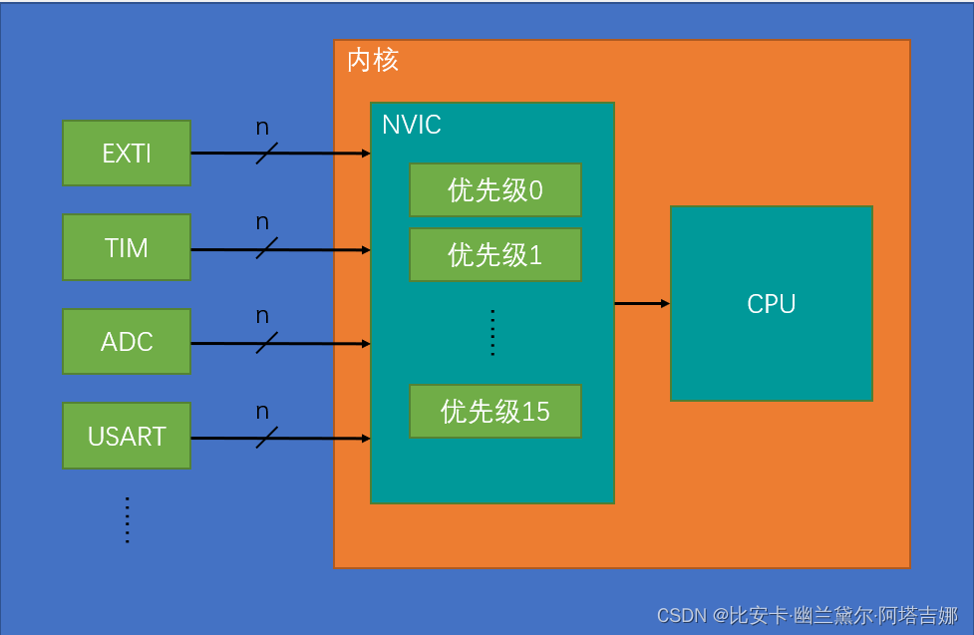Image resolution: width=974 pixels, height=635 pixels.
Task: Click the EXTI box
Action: click(126, 154)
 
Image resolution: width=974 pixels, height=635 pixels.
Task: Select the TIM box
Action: click(126, 247)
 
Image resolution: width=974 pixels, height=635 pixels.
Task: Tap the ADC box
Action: click(126, 342)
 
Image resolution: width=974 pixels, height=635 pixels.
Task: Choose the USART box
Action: click(126, 437)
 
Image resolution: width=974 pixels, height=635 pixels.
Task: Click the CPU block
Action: click(771, 304)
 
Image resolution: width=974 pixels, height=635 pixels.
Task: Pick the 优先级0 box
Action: click(494, 190)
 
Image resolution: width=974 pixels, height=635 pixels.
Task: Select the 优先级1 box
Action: click(494, 255)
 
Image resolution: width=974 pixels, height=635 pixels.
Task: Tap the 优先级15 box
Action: click(494, 411)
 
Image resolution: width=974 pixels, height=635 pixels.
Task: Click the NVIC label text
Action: click(411, 125)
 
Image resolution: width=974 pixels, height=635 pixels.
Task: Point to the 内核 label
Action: click(373, 61)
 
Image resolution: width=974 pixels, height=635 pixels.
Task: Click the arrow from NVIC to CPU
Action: click(641, 303)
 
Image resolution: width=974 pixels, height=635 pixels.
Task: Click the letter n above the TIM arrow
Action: click(262, 222)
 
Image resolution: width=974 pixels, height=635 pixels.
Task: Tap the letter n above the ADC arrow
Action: click(262, 317)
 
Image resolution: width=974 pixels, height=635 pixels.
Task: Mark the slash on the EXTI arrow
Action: click(266, 154)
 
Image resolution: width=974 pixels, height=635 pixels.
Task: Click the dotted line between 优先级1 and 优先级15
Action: click(491, 333)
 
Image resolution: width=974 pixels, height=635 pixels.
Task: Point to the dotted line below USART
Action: click(128, 519)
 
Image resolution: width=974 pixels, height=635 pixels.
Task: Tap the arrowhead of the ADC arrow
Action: click(366, 344)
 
